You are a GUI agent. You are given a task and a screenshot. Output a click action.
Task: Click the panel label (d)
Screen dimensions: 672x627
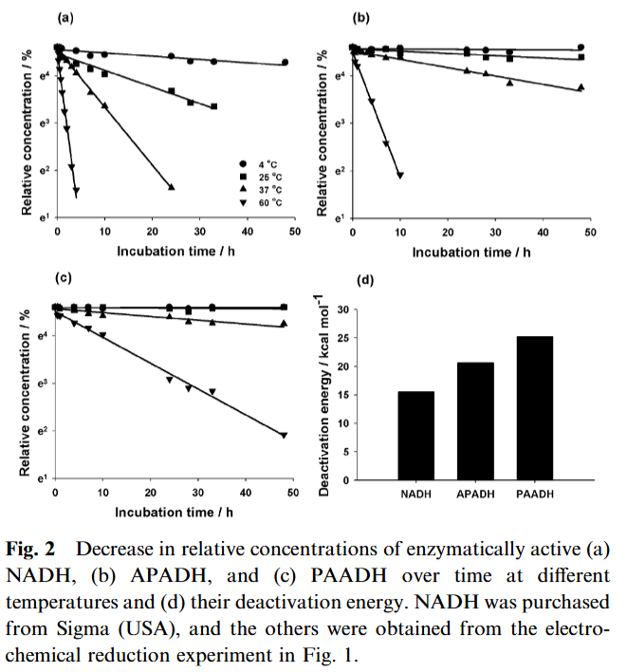pos(364,281)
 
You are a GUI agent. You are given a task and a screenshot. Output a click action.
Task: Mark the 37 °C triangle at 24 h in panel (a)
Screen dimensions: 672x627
pos(172,187)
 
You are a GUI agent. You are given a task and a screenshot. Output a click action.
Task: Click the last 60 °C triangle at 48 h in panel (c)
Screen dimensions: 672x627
pos(284,436)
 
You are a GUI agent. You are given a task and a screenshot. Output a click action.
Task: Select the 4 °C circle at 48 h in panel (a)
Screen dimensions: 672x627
pos(286,63)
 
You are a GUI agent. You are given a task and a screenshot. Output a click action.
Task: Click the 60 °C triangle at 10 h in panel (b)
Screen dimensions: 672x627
pos(400,175)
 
